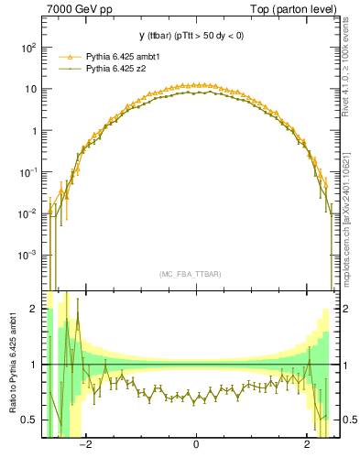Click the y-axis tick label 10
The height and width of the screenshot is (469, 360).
pyautogui.click(x=29, y=89)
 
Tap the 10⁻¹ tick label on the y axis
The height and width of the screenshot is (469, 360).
pyautogui.click(x=27, y=171)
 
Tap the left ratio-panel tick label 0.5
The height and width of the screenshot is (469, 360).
pyautogui.click(x=29, y=420)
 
